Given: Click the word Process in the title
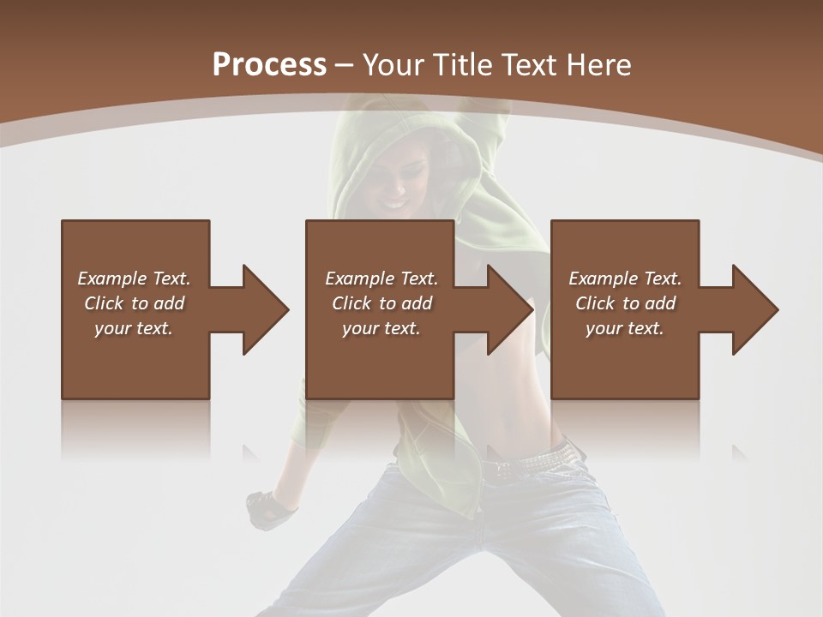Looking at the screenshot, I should [269, 65].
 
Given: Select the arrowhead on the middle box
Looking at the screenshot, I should [508, 309].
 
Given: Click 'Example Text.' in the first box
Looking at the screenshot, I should [134, 279].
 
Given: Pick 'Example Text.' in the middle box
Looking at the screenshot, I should [381, 279].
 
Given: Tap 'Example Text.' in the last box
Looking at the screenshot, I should [625, 279].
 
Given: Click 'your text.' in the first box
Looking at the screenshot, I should [134, 328].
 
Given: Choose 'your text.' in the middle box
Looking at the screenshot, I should [381, 328].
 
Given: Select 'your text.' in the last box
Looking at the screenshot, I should [625, 328].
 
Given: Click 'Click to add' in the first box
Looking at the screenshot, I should [134, 303].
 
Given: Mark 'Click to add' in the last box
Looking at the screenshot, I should [625, 303].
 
